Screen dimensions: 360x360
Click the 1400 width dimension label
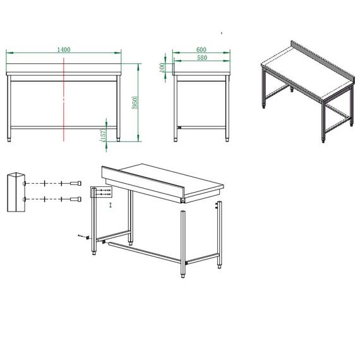(x=63, y=49)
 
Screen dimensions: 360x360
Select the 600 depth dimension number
(x=201, y=49)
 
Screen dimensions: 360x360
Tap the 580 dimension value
(x=201, y=58)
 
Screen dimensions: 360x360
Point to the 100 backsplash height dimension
(x=162, y=66)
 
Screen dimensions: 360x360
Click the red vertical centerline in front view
(x=64, y=101)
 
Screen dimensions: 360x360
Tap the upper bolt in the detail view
(x=76, y=183)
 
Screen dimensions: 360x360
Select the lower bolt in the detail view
(x=76, y=200)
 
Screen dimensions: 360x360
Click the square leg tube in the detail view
(x=15, y=191)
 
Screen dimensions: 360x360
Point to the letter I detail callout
(x=110, y=205)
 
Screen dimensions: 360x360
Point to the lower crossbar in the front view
(x=63, y=126)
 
